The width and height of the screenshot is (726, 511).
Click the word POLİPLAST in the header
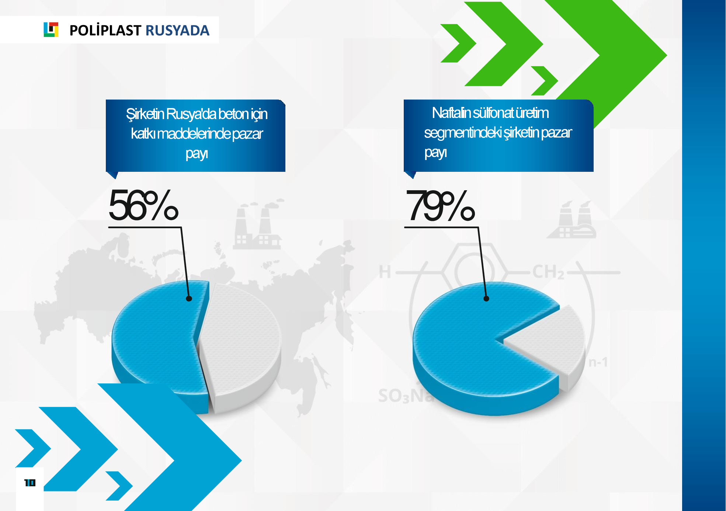tap(105, 30)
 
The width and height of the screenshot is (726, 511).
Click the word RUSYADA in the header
tap(177, 30)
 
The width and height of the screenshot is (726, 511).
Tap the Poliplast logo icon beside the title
tap(51, 29)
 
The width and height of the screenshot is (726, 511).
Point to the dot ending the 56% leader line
tap(189, 299)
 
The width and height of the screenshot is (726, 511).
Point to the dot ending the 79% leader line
tap(486, 299)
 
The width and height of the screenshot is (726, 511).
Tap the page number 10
tap(30, 483)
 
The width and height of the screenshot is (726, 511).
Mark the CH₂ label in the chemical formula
tap(548, 272)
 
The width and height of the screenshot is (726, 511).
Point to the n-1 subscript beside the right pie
tap(598, 362)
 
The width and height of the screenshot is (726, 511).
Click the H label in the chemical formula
tap(385, 272)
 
